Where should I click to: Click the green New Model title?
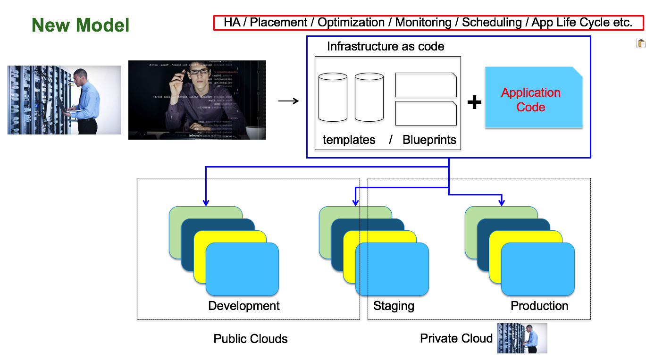80,25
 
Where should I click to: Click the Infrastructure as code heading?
386,46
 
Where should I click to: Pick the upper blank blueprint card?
426,85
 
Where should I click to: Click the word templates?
349,140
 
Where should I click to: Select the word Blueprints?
429,140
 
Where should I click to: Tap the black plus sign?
474,102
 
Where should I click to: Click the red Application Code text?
531,100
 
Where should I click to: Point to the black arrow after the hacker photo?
288,101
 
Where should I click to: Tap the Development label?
244,306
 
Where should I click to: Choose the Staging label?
394,306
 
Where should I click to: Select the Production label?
539,306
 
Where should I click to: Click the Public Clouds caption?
251,339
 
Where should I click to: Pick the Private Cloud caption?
456,338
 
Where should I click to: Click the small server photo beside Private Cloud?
522,338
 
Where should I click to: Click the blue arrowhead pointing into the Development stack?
206,202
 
